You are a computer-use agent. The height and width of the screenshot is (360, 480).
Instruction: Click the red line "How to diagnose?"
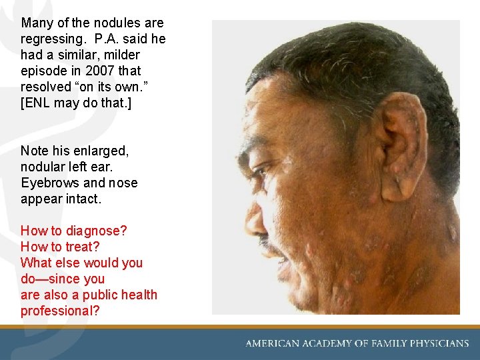tap(73, 231)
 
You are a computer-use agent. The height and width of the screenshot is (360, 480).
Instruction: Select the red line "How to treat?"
tap(60, 247)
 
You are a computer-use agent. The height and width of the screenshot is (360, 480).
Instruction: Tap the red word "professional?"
tap(59, 311)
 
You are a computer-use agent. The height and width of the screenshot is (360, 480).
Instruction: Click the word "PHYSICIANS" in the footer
tap(435, 343)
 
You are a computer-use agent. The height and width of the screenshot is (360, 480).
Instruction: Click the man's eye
tap(261, 171)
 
